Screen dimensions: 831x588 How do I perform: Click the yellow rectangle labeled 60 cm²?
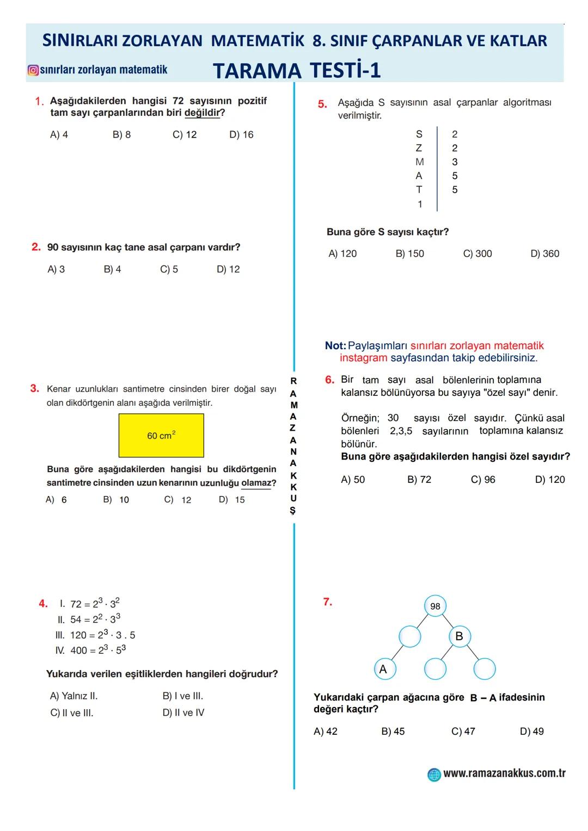pyautogui.click(x=161, y=436)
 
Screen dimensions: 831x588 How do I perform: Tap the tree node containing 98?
pyautogui.click(x=435, y=606)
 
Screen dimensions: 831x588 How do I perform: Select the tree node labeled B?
pyautogui.click(x=459, y=636)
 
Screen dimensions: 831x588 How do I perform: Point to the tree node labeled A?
pyautogui.click(x=383, y=669)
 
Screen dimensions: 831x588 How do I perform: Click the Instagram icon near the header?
pyautogui.click(x=33, y=70)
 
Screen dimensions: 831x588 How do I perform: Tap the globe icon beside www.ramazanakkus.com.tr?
pyautogui.click(x=434, y=774)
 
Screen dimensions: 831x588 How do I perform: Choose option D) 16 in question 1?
pyautogui.click(x=241, y=135)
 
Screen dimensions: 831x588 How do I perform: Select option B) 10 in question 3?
pyautogui.click(x=116, y=500)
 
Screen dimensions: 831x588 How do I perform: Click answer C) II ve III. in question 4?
pyautogui.click(x=72, y=713)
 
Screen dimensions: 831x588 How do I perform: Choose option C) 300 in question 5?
pyautogui.click(x=477, y=254)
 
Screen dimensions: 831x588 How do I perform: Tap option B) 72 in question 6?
pyautogui.click(x=419, y=480)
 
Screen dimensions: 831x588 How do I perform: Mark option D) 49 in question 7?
pyautogui.click(x=532, y=731)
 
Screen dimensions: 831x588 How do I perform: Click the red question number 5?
pyautogui.click(x=322, y=104)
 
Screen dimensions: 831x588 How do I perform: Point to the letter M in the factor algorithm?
pyautogui.click(x=419, y=162)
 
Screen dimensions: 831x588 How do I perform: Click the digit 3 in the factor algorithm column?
pyautogui.click(x=455, y=162)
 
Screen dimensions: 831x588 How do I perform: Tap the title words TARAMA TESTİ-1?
pyautogui.click(x=297, y=71)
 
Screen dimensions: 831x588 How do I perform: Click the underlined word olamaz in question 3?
pyautogui.click(x=256, y=483)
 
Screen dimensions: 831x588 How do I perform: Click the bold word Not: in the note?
pyautogui.click(x=335, y=346)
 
